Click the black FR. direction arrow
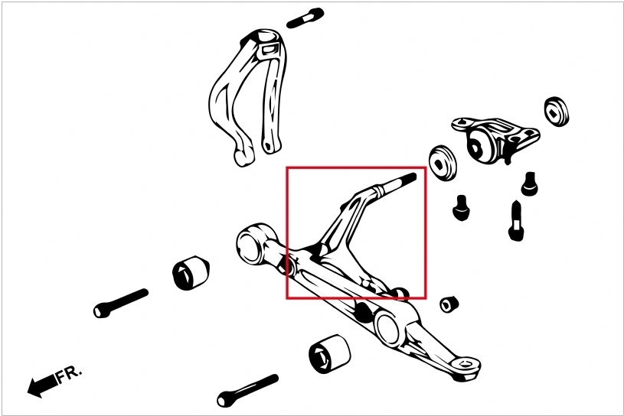tap(42, 385)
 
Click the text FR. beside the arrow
tap(69, 375)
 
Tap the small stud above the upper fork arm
tap(305, 18)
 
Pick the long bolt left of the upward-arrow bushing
tap(120, 303)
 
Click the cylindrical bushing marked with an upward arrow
tap(191, 273)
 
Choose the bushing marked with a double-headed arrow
tap(330, 353)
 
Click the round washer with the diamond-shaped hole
tap(557, 112)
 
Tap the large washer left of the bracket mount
tap(443, 162)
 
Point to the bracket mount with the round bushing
tap(495, 140)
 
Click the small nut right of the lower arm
tap(449, 304)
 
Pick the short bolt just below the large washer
tap(460, 207)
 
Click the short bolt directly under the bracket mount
tap(529, 184)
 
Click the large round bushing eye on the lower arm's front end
tap(253, 244)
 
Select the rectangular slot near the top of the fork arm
tap(268, 50)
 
